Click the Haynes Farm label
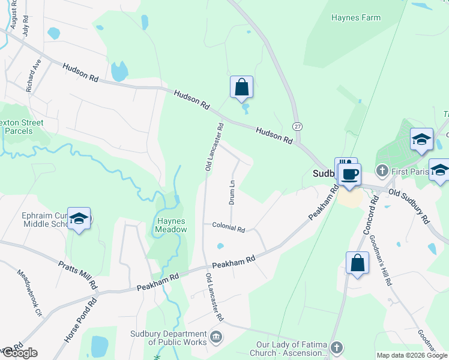(356, 17)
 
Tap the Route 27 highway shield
(297, 126)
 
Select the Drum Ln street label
(231, 191)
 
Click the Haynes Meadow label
(172, 225)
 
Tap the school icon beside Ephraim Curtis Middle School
(79, 219)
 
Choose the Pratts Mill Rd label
(77, 274)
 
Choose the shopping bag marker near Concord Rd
(357, 263)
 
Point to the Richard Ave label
(34, 75)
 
